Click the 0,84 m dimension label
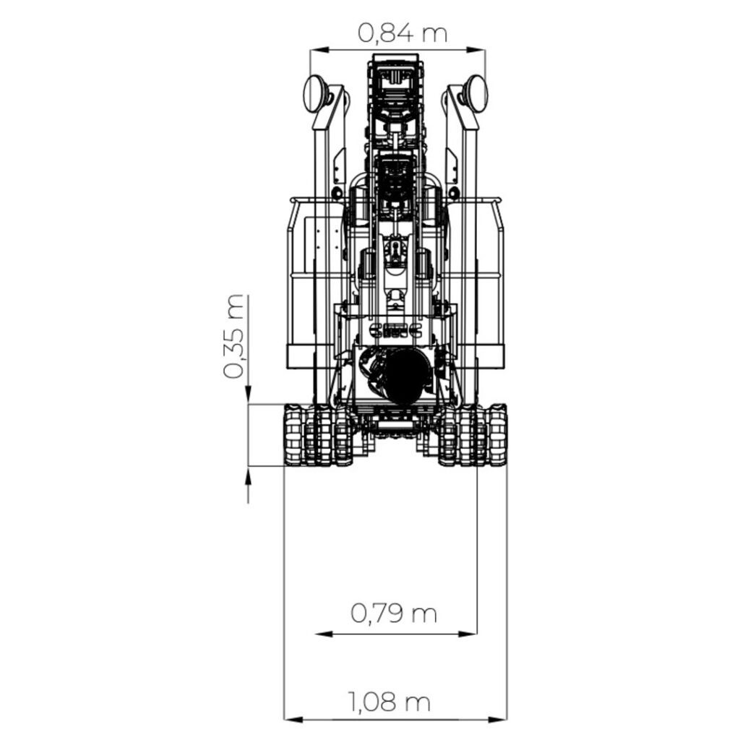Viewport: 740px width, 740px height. pyautogui.click(x=403, y=33)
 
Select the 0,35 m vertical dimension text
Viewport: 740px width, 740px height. pyautogui.click(x=235, y=337)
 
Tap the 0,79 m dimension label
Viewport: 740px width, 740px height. pyautogui.click(x=395, y=614)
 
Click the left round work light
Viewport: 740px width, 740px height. pyautogui.click(x=316, y=93)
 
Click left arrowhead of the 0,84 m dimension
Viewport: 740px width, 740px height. pyautogui.click(x=315, y=50)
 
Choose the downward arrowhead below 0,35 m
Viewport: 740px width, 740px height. pyautogui.click(x=248, y=397)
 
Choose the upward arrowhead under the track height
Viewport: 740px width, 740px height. pyautogui.click(x=248, y=474)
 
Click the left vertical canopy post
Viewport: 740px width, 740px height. pyautogui.click(x=322, y=253)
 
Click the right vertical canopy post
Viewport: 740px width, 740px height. pyautogui.click(x=470, y=253)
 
